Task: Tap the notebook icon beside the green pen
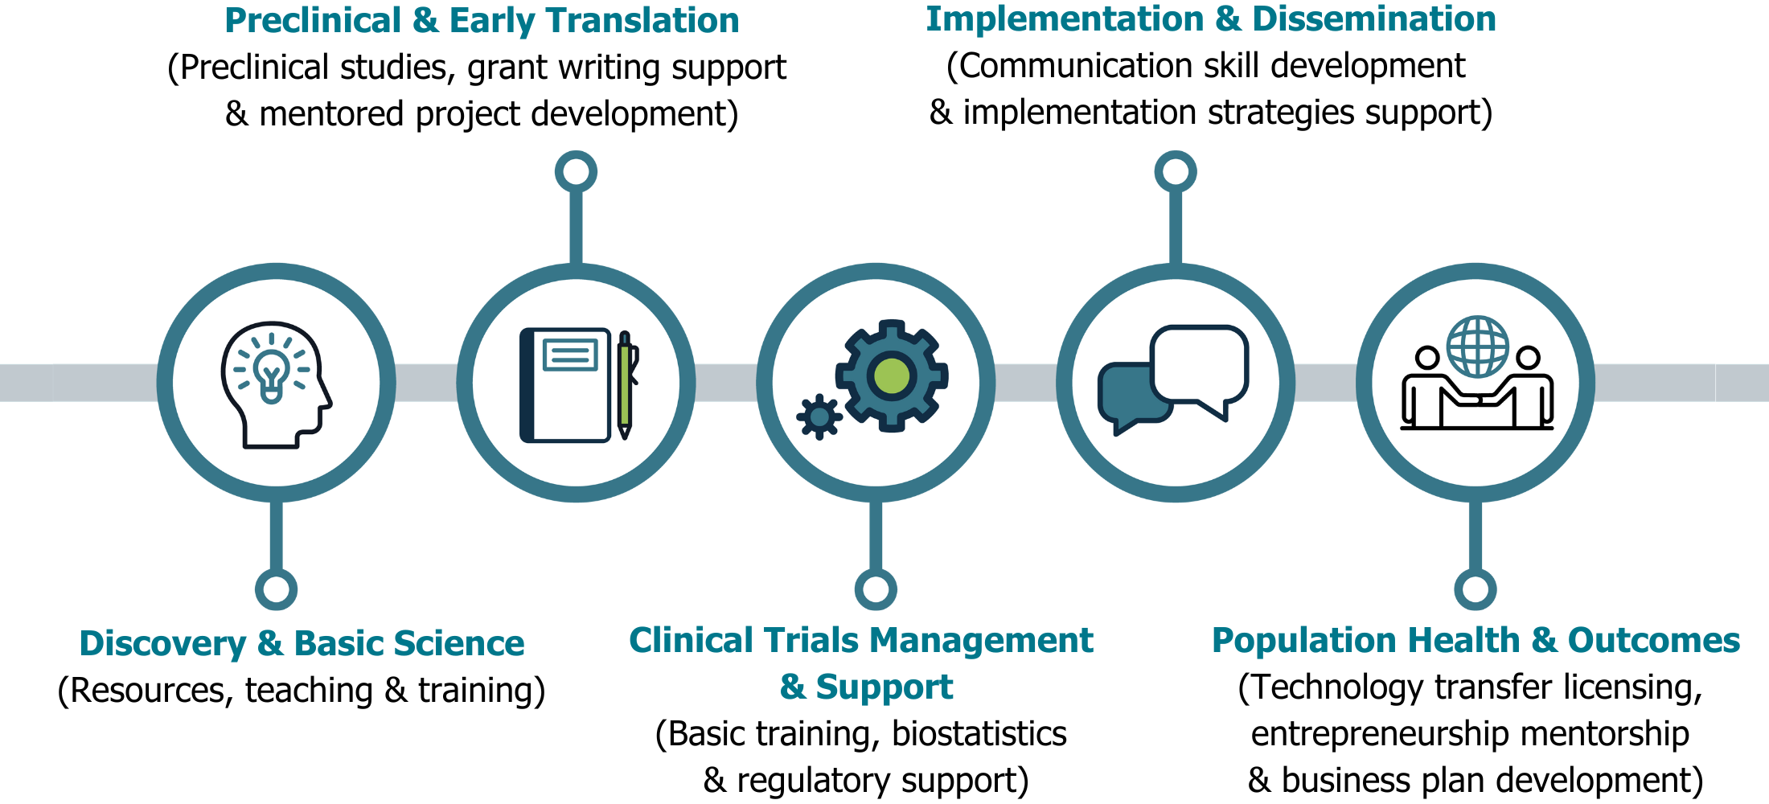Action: pos(565,385)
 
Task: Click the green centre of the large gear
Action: pos(892,375)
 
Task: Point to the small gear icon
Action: pos(819,416)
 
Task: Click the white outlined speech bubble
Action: pos(1200,363)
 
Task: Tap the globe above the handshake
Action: pos(1478,347)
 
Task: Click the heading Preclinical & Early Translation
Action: pos(482,21)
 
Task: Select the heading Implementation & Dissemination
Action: pos(1211,19)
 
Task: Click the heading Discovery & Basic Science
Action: pos(302,643)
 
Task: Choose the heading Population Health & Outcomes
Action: pos(1476,641)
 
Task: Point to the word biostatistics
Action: pos(979,733)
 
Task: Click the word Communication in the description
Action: pos(1054,66)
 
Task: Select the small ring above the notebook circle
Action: pos(576,172)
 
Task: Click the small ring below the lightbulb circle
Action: pos(276,589)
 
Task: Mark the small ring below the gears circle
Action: pos(876,589)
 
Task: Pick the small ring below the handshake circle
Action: pos(1475,589)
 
